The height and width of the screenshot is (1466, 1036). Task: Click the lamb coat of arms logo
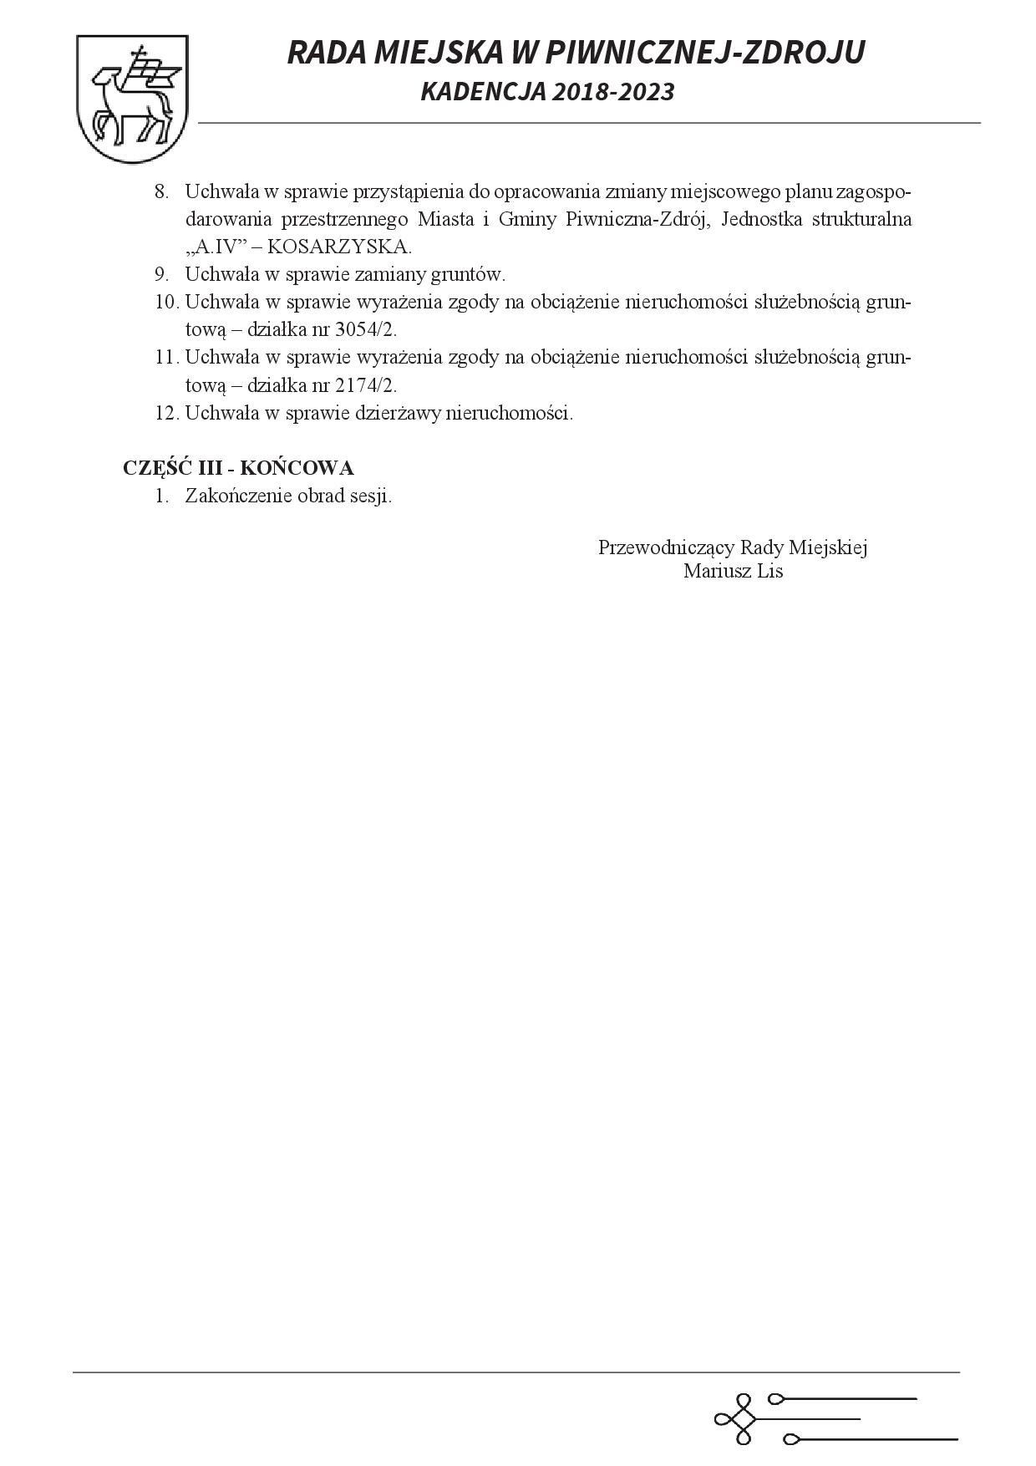[x=132, y=99]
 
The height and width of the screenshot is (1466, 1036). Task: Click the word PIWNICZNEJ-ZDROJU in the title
[x=710, y=53]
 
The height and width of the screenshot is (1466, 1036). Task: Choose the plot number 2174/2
[x=362, y=385]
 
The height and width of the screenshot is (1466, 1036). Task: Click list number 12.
[x=166, y=413]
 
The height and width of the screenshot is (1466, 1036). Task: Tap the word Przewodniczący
[x=667, y=547]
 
